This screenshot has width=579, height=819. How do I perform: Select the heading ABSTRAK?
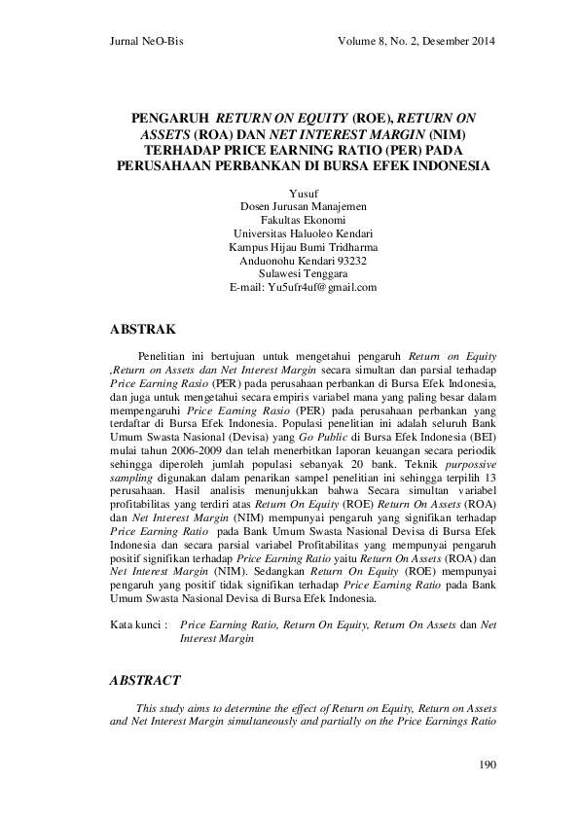click(144, 331)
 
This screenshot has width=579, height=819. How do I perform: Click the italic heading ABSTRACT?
click(146, 681)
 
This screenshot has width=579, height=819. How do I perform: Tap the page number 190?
click(488, 765)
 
